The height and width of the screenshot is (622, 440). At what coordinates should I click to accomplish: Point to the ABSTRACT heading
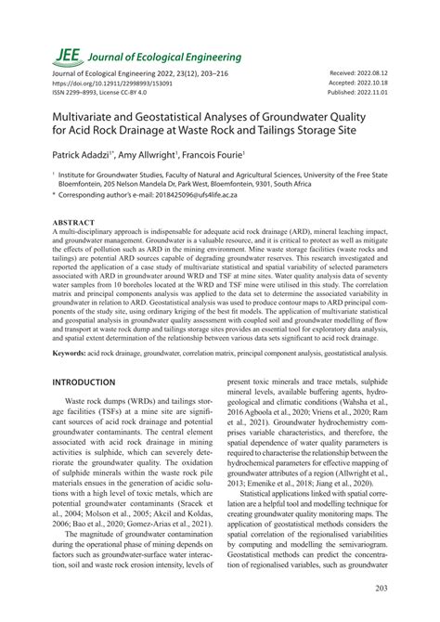pyautogui.click(x=79, y=224)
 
